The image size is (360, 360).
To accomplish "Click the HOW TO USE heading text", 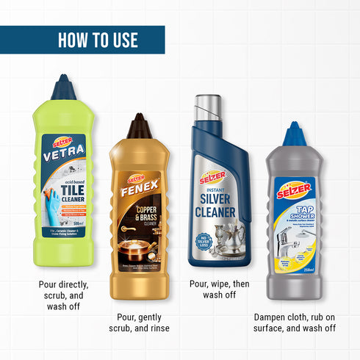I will coord(98,40).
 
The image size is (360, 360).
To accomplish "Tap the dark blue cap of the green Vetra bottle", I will coord(62,88).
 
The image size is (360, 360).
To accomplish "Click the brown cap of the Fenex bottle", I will coord(139,126).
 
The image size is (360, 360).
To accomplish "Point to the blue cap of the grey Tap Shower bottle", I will coord(295,134).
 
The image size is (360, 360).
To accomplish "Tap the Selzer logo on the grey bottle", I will coord(294,190).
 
